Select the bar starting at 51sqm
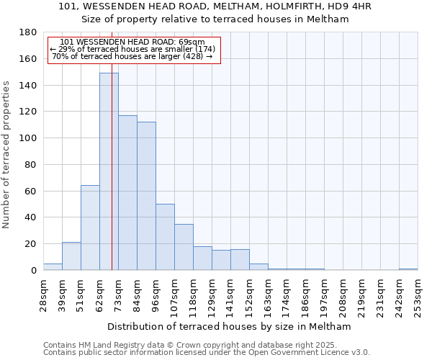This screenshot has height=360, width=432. click(90, 228)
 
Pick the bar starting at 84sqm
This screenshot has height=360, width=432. click(146, 196)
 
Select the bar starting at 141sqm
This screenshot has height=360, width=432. click(240, 260)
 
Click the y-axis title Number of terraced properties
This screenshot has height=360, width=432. click(7, 155)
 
